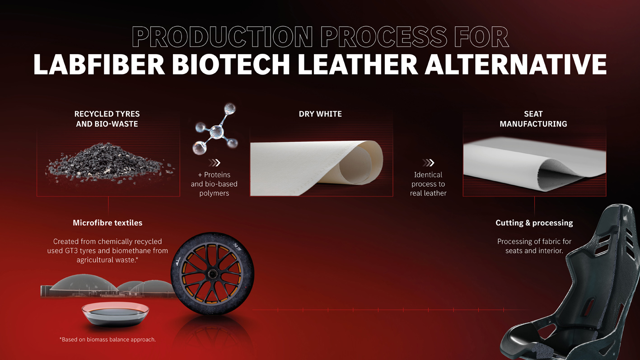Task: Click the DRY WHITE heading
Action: tap(320, 114)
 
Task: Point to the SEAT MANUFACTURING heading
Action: tap(533, 119)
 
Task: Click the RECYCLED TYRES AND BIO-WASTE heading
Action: tap(107, 119)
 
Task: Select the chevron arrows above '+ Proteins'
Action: tap(214, 163)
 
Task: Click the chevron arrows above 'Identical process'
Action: tap(428, 163)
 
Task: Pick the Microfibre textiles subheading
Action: tap(107, 223)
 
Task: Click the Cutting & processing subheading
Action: tap(534, 223)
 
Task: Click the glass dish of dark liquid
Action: tap(115, 314)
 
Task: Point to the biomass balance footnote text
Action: tap(107, 339)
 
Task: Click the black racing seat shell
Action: tap(583, 289)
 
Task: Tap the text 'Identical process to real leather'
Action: tap(428, 184)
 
